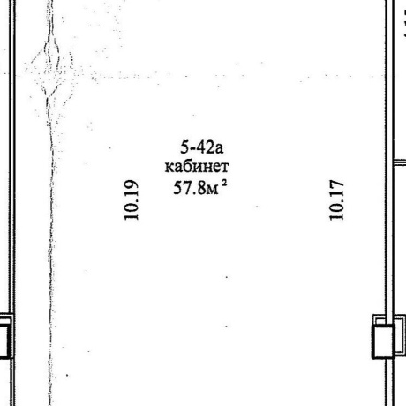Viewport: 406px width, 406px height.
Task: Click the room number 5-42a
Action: (x=202, y=147)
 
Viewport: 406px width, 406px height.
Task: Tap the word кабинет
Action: (x=197, y=167)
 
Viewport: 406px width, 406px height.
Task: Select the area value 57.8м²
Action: (x=200, y=187)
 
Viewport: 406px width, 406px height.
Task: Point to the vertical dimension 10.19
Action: (x=131, y=200)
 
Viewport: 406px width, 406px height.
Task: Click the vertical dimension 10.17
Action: (x=336, y=200)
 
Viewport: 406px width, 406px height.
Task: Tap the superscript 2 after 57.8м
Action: (x=224, y=183)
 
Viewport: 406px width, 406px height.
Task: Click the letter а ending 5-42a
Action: (x=219, y=149)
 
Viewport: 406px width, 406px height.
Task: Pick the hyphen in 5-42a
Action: (x=192, y=148)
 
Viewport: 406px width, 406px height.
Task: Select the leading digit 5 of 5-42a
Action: (x=184, y=147)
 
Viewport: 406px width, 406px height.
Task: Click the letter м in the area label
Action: (x=213, y=190)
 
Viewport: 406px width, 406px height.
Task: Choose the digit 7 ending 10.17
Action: (x=336, y=185)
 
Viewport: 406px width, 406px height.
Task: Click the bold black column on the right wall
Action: (x=383, y=342)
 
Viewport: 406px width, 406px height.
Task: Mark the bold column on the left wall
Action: (x=6, y=341)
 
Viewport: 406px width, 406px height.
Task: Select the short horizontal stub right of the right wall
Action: (x=400, y=162)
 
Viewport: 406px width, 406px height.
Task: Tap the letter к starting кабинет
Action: (x=169, y=168)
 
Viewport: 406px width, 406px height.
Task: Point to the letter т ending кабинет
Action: (x=224, y=168)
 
